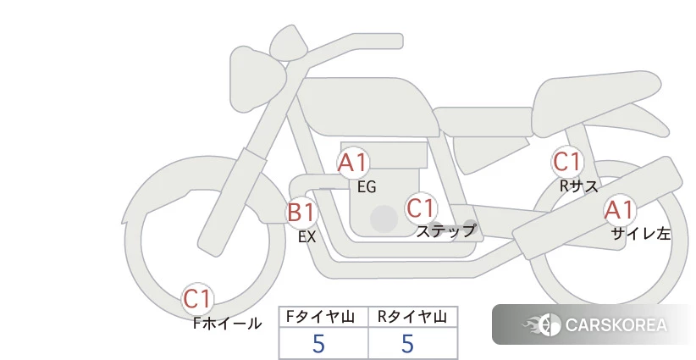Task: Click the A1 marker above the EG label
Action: click(352, 163)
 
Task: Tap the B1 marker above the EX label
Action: click(301, 212)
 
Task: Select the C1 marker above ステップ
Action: click(420, 208)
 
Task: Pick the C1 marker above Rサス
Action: click(567, 162)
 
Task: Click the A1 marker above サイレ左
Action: click(619, 210)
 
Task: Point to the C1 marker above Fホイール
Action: click(197, 298)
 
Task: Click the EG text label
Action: click(367, 187)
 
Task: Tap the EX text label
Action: click(307, 237)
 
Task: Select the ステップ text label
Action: click(446, 231)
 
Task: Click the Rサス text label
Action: click(578, 186)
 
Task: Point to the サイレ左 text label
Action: click(640, 234)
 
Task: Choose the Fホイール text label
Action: click(227, 324)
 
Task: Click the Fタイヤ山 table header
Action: click(320, 317)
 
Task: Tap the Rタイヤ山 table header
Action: click(412, 317)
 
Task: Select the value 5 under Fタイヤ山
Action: click(318, 344)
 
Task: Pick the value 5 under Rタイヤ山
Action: click(407, 344)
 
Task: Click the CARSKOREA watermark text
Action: click(616, 325)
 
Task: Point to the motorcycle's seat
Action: click(594, 103)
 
